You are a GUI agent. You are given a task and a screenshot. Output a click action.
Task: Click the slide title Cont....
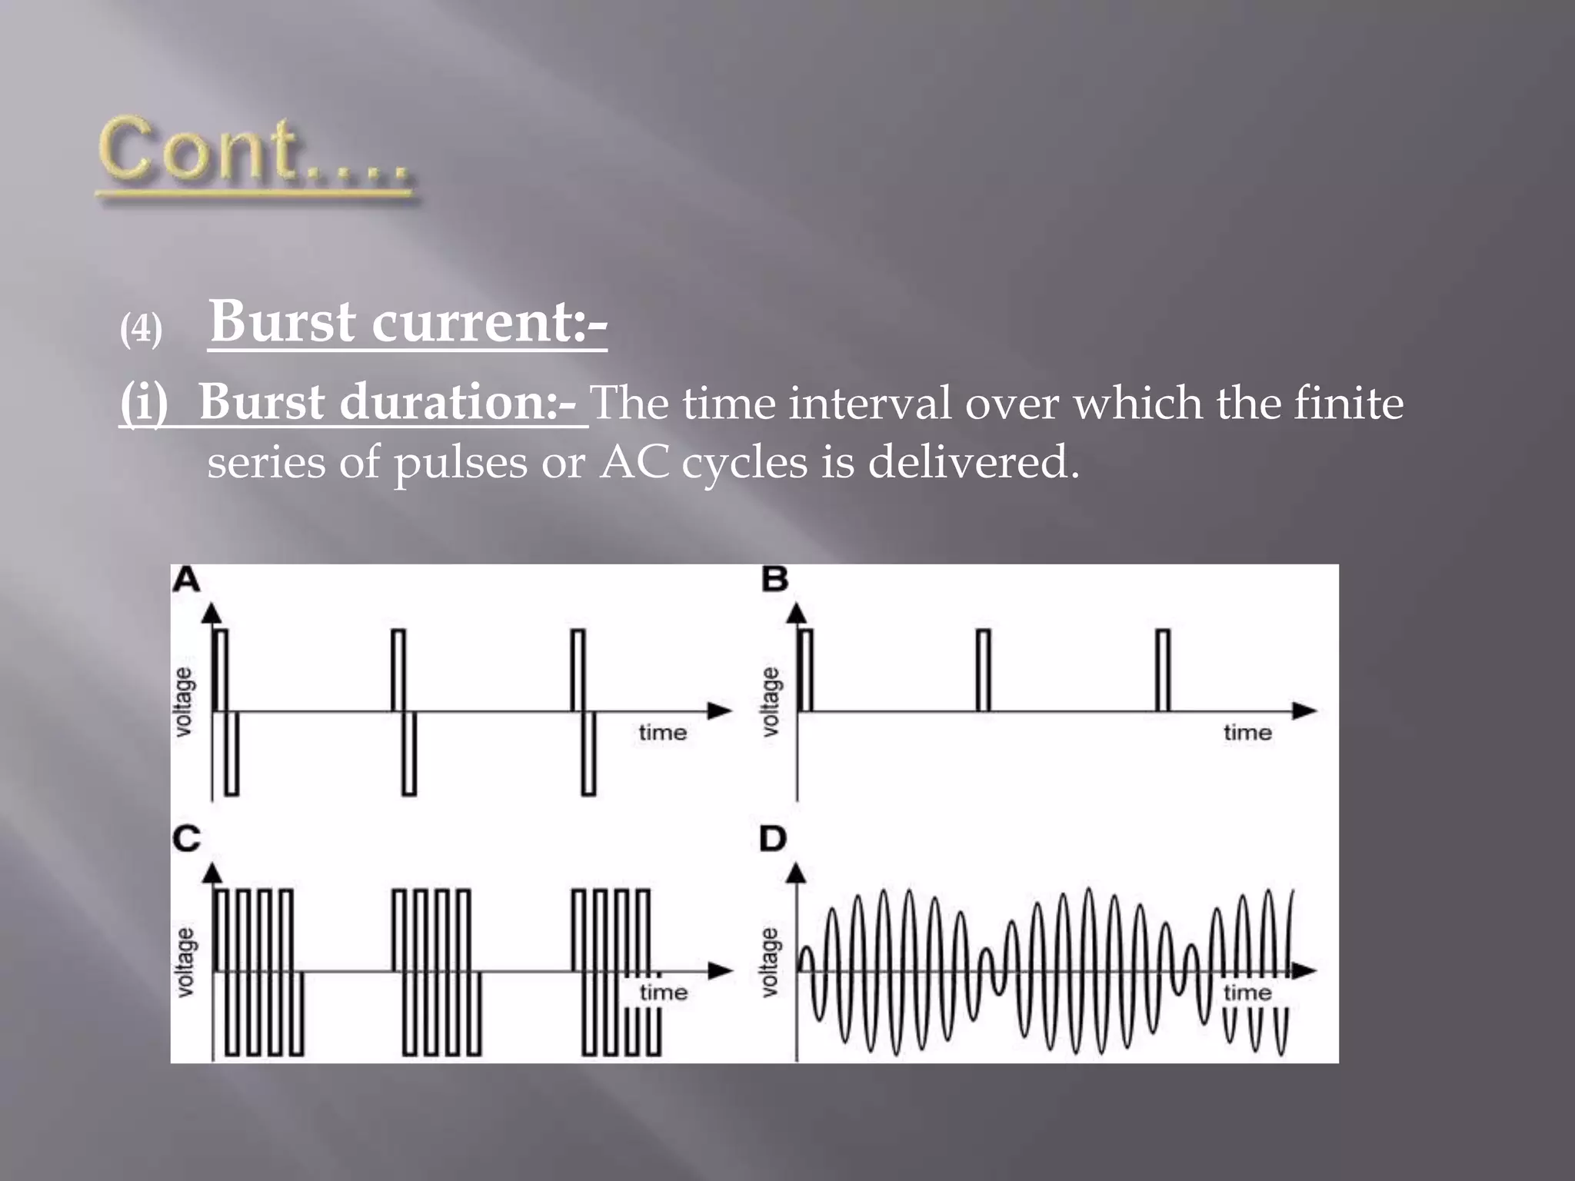(254, 154)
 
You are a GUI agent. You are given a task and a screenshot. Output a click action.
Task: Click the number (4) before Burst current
(141, 330)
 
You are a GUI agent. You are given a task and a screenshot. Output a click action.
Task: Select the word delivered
(974, 462)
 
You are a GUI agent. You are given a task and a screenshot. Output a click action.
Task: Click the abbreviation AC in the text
(634, 462)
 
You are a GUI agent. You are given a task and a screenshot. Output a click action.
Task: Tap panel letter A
(186, 580)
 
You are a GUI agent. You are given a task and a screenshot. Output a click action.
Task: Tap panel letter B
(774, 579)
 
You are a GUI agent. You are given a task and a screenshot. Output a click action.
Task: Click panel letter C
(186, 838)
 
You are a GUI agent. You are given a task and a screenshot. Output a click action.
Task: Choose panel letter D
(773, 838)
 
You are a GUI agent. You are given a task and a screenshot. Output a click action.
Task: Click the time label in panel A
(662, 732)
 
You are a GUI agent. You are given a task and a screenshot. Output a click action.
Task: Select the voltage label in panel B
(770, 701)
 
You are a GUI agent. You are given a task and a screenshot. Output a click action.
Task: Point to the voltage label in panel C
(185, 961)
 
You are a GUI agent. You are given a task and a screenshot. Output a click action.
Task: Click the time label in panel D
(1247, 992)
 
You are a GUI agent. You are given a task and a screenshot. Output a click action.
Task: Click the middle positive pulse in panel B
(984, 670)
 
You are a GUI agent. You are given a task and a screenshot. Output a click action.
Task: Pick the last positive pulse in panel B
(1163, 670)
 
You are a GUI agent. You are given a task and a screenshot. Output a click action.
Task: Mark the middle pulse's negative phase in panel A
(409, 754)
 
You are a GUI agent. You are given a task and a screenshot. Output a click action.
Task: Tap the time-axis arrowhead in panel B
(1304, 711)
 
